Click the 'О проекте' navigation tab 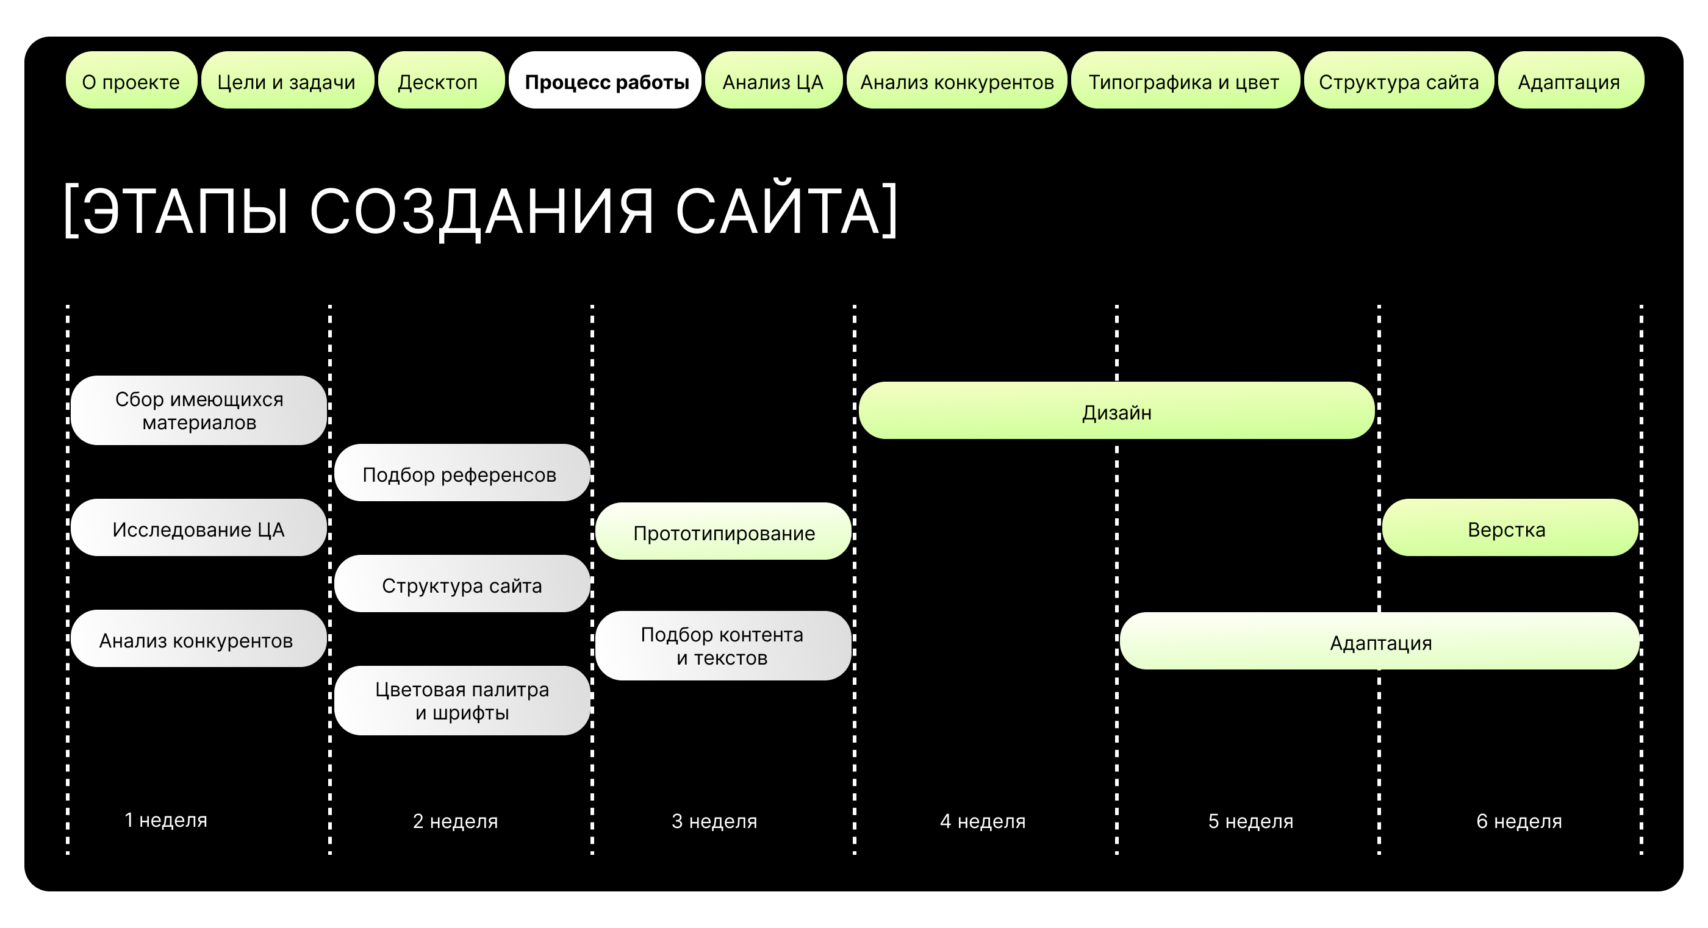[x=131, y=81]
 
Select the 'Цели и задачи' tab [x=287, y=81]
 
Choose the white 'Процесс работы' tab [x=605, y=81]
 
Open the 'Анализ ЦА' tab [x=773, y=81]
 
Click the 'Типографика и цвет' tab [x=1184, y=81]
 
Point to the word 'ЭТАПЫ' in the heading [x=185, y=211]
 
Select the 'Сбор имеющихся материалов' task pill [x=199, y=410]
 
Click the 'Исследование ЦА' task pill [x=199, y=528]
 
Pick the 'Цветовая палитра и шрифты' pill [x=462, y=701]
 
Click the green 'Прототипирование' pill [x=723, y=532]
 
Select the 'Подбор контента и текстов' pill [x=723, y=646]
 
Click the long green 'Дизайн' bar [x=1116, y=411]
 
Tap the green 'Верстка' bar [x=1509, y=528]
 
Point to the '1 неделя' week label [x=166, y=821]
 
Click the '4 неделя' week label [x=983, y=821]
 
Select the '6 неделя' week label [x=1519, y=821]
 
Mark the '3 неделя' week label [x=714, y=821]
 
